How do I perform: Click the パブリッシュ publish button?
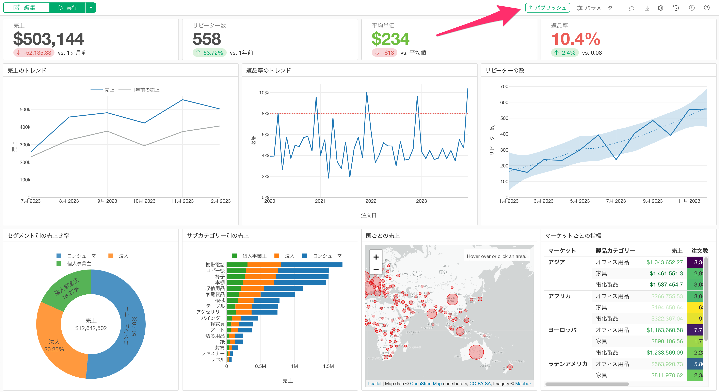pos(547,8)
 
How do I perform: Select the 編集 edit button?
pos(27,8)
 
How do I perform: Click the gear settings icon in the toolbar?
pos(660,8)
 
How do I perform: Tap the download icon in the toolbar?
pos(647,8)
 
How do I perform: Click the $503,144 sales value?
pos(49,39)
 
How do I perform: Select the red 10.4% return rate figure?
pos(576,39)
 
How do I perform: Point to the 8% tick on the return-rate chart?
pos(265,114)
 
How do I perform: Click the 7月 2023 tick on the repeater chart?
pos(616,201)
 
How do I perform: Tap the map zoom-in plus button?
pos(376,257)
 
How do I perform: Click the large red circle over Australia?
pos(476,352)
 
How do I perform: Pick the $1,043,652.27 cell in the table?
pos(664,262)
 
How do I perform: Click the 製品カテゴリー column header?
pos(615,250)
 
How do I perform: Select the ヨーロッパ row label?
pos(562,330)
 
